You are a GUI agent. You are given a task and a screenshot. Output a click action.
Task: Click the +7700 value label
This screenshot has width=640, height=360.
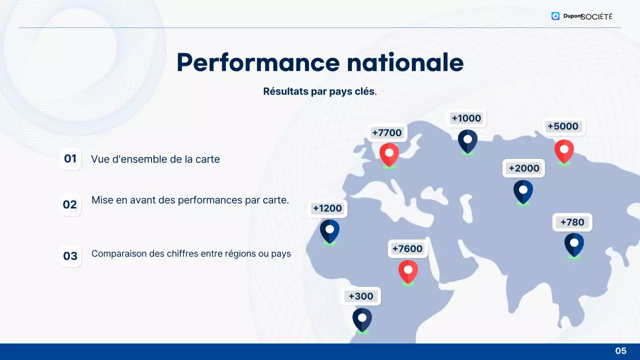(387, 132)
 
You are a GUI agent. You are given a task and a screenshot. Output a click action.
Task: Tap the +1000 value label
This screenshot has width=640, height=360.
(466, 118)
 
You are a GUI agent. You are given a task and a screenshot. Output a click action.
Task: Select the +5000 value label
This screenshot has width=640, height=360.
(562, 126)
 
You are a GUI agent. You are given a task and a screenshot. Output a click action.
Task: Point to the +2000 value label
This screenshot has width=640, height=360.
(523, 168)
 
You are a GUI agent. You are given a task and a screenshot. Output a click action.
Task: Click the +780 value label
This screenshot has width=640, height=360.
(572, 222)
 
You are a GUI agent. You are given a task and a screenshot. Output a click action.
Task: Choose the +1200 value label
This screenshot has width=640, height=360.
(327, 208)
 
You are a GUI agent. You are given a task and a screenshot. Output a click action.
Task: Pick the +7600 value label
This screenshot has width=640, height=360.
(407, 249)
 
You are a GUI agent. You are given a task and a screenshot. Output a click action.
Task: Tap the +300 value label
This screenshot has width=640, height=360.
(361, 296)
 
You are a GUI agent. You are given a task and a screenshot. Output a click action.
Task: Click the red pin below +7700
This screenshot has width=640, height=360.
(389, 154)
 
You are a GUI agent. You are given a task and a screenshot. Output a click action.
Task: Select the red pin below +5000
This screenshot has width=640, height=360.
(564, 150)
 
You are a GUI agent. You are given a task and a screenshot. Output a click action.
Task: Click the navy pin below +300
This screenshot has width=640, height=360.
(362, 319)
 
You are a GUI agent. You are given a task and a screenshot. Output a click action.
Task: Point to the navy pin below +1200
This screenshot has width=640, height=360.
(329, 231)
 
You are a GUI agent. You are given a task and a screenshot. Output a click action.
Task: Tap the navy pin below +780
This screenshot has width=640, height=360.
(574, 244)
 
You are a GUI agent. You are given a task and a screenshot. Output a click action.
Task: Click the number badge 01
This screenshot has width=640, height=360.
(70, 159)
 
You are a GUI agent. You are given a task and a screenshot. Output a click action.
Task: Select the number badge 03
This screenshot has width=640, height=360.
(70, 256)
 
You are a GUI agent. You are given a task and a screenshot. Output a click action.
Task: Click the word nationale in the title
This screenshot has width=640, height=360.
(405, 62)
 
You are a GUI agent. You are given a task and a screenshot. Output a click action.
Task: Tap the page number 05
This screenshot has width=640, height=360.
(620, 351)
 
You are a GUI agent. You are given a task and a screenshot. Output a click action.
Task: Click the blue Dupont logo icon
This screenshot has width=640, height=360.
(555, 16)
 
